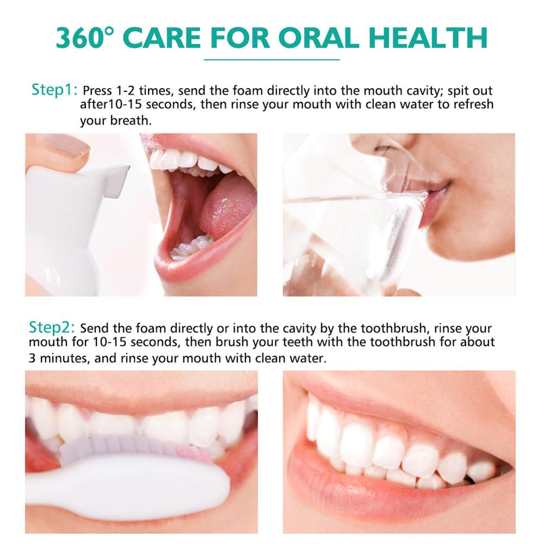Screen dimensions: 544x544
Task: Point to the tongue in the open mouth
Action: coord(226,204)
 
